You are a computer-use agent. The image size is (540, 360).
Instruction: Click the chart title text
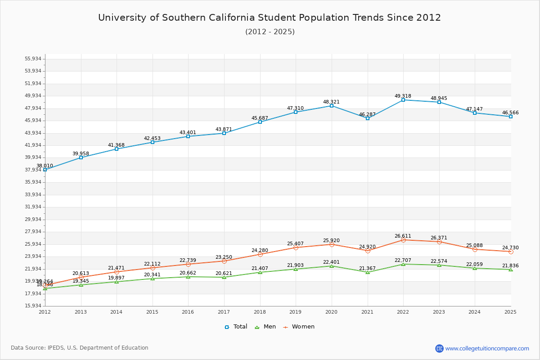270,18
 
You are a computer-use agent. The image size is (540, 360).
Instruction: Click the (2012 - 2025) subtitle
270,31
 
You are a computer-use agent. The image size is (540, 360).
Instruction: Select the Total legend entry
236,327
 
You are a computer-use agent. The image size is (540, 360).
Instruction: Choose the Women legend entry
299,327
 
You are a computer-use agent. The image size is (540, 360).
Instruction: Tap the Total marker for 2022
403,100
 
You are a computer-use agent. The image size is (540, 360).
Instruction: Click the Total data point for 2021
368,118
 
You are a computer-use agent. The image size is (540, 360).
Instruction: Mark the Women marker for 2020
332,244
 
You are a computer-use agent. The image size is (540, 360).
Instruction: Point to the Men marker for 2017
224,277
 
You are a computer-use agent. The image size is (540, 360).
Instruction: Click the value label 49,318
403,96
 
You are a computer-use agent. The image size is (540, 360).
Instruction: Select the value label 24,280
260,250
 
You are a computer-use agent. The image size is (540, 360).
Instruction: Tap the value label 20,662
188,273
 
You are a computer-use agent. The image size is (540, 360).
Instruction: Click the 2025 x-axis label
510,312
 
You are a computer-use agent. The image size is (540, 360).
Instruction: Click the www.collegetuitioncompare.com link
487,348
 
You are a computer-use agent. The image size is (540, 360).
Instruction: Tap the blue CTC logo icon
439,348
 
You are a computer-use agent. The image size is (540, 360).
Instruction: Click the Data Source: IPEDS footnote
80,348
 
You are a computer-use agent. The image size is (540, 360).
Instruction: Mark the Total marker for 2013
81,157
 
